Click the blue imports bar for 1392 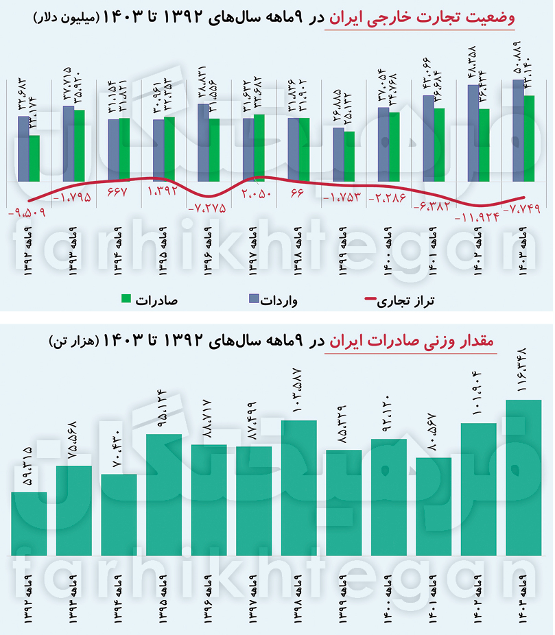(23, 148)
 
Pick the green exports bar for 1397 (259, 147)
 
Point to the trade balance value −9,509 (26, 212)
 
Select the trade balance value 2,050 (257, 194)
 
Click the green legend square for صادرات (126, 298)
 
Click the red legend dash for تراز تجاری (369, 299)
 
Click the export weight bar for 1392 (29, 523)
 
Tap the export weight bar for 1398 (299, 488)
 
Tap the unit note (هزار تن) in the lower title (74, 340)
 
